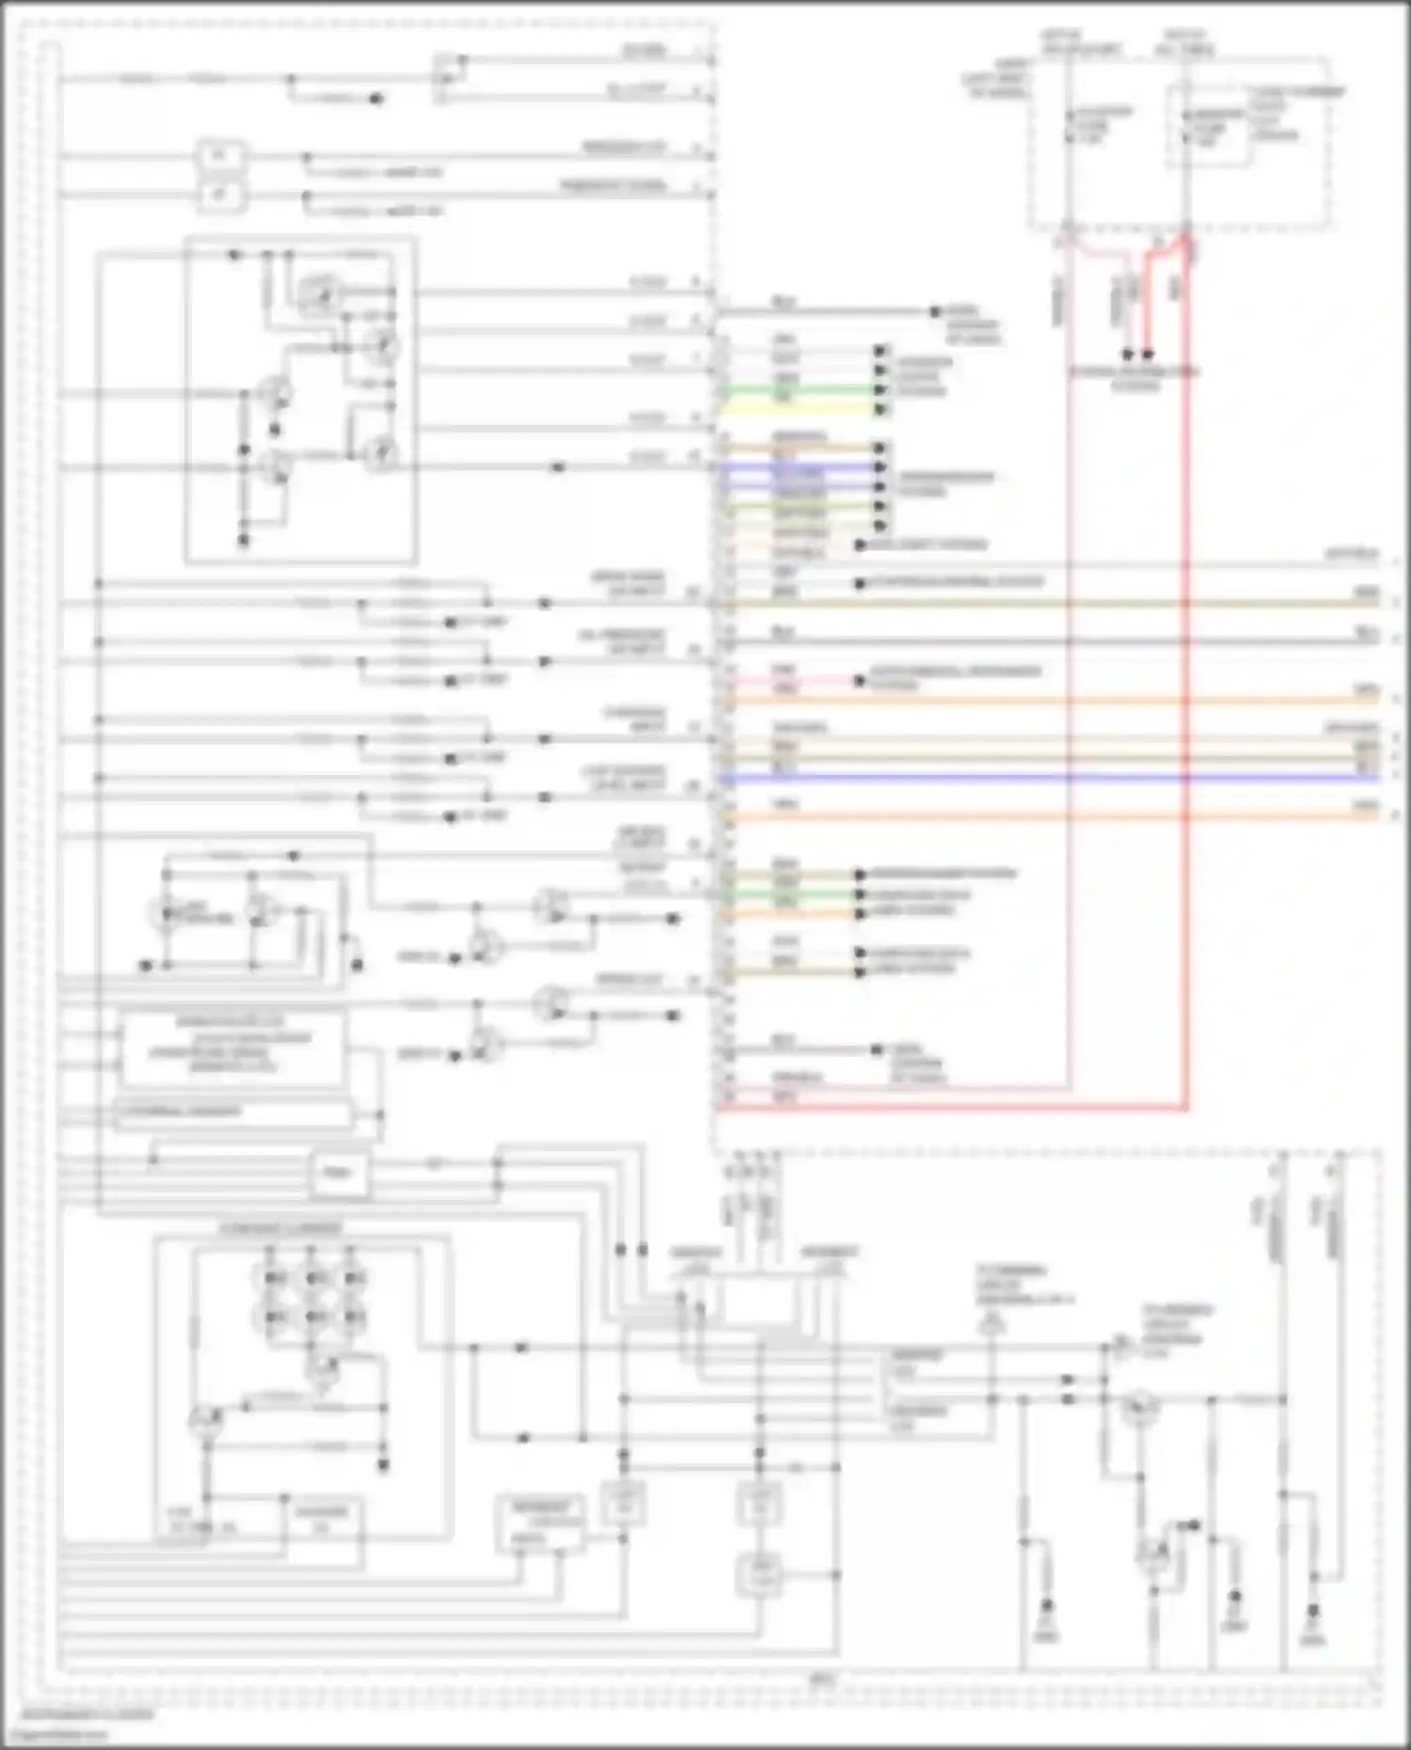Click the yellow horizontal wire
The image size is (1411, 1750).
(800, 410)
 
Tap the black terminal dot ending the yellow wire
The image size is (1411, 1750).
(880, 410)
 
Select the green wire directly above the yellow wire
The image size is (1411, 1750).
(800, 389)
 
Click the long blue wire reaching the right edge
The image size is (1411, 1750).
(1035, 779)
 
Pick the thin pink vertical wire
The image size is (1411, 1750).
(1070, 658)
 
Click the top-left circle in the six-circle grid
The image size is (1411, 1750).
(273, 1278)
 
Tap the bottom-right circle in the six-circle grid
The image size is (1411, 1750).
(354, 1316)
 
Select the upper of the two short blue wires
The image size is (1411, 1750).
(800, 466)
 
